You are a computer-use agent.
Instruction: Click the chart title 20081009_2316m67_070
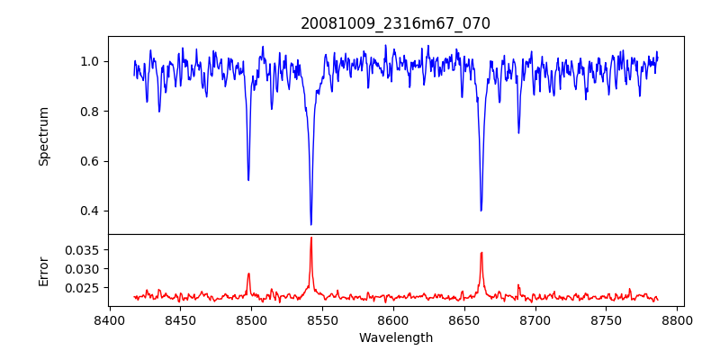395,23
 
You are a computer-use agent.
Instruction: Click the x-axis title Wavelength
395,337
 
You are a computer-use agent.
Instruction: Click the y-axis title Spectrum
43,136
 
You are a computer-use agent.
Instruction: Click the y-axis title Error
43,270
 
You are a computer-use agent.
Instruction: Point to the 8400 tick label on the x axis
109,319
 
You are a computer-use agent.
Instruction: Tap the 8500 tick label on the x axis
251,319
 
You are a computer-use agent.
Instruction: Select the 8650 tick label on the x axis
464,319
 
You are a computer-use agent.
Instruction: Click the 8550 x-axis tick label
322,319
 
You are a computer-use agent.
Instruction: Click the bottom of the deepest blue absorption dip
311,224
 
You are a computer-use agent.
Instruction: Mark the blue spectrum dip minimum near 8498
248,180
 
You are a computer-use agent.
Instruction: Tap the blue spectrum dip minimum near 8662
481,211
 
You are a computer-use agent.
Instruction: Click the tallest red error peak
311,238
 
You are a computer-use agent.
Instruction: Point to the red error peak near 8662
481,253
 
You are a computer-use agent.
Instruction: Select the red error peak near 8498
248,274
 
